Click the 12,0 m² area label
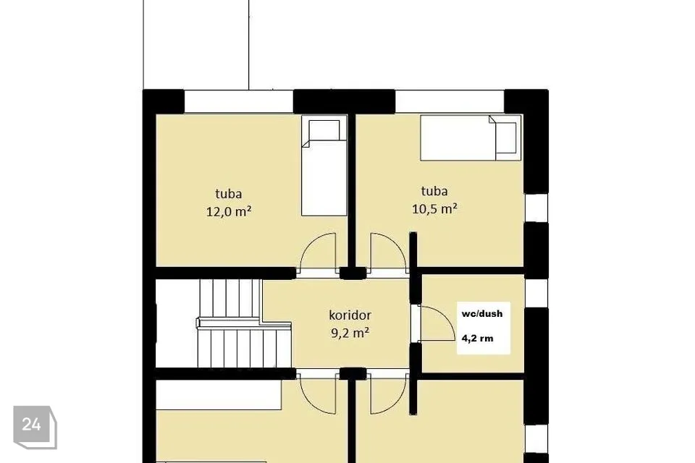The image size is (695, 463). pyautogui.click(x=229, y=211)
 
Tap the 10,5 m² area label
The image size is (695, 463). pyautogui.click(x=434, y=208)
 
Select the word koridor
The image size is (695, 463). pyautogui.click(x=350, y=315)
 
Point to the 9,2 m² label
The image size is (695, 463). pyautogui.click(x=350, y=333)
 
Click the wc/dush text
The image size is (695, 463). pyautogui.click(x=482, y=314)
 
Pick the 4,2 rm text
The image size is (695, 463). pyautogui.click(x=477, y=339)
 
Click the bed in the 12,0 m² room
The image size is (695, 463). pyautogui.click(x=324, y=166)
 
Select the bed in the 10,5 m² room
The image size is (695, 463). pyautogui.click(x=471, y=137)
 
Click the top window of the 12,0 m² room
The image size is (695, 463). pyautogui.click(x=238, y=101)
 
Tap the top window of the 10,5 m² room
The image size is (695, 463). pyautogui.click(x=450, y=101)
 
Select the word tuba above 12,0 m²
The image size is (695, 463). pyautogui.click(x=229, y=194)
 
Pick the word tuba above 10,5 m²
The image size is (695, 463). pyautogui.click(x=434, y=191)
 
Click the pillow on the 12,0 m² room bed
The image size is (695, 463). pyautogui.click(x=324, y=130)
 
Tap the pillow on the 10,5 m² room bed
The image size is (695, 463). pyautogui.click(x=506, y=137)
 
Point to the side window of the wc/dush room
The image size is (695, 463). pyautogui.click(x=536, y=294)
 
